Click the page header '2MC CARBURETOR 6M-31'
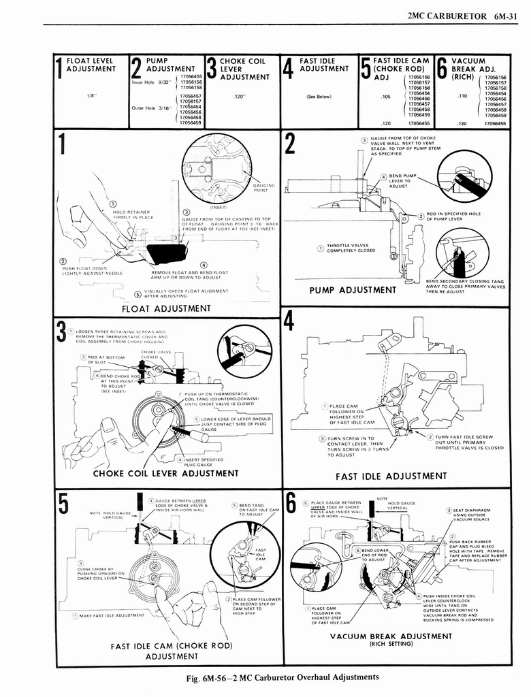[x=466, y=16]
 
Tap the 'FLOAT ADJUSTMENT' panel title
[x=166, y=308]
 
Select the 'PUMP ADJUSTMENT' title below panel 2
[x=353, y=290]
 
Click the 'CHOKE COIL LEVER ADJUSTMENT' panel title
[x=165, y=473]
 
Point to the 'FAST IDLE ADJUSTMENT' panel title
[x=391, y=476]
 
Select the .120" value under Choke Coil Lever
[x=238, y=97]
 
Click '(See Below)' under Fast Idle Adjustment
[x=319, y=97]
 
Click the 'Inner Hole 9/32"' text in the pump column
[x=148, y=82]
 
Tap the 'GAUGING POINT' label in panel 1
[x=263, y=187]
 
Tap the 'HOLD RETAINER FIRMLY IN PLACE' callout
[x=133, y=214]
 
